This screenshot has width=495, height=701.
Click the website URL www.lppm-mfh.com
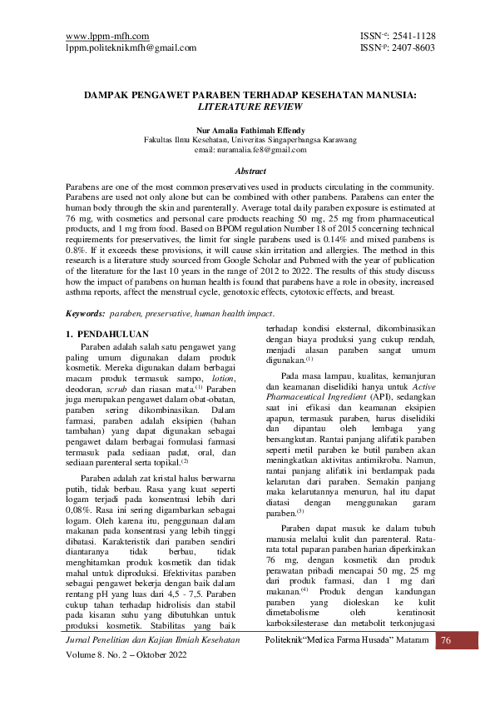(x=107, y=36)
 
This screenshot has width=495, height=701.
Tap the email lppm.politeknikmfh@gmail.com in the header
(x=131, y=47)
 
